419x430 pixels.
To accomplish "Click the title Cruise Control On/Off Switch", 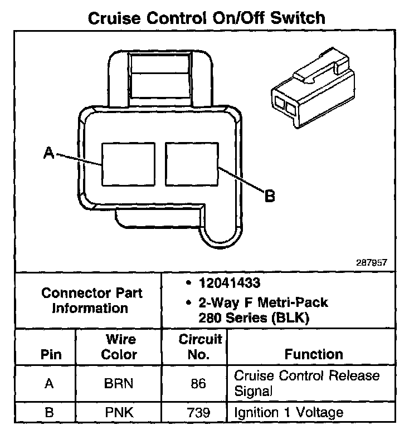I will (207, 18).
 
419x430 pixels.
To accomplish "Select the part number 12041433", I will (229, 284).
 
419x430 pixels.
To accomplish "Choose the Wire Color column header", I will (119, 346).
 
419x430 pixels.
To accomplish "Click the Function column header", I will (314, 354).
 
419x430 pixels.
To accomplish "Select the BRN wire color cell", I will (119, 383).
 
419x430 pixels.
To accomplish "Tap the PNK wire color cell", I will (119, 412).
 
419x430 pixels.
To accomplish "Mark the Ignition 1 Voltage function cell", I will (288, 412).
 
